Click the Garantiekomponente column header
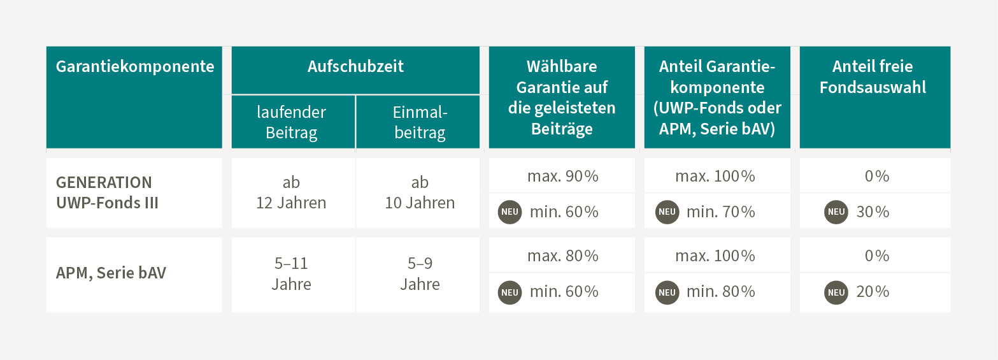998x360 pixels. click(x=135, y=66)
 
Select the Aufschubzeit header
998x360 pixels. click(x=355, y=66)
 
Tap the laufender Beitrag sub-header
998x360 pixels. click(x=292, y=122)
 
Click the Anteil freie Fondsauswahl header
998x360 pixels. click(x=874, y=76)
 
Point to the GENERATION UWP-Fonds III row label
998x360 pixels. click(x=104, y=192)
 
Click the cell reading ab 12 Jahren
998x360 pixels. click(x=292, y=192)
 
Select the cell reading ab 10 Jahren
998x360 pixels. click(x=420, y=192)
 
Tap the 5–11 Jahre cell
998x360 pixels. click(x=292, y=274)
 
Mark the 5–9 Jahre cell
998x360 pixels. click(x=420, y=274)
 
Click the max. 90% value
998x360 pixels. click(x=562, y=176)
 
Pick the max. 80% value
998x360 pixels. click(x=562, y=256)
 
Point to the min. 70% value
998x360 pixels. click(x=720, y=212)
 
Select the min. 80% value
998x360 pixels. click(x=720, y=292)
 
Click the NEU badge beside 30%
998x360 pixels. click(x=836, y=212)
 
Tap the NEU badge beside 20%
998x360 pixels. click(x=836, y=292)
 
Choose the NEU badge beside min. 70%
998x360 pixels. click(x=667, y=212)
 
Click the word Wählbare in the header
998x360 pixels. click(x=562, y=66)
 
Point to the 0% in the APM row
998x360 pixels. click(x=876, y=256)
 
